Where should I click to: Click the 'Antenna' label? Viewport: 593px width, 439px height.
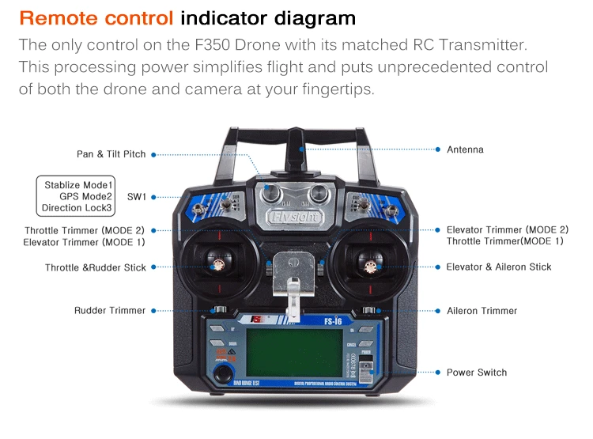[465, 149]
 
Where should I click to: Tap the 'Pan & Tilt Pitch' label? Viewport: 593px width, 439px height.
[111, 154]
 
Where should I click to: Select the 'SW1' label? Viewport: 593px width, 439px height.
[137, 196]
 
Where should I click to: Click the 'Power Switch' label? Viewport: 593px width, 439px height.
[476, 373]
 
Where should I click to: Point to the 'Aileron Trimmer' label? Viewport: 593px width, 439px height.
[482, 311]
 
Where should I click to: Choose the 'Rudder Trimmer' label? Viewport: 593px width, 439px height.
[110, 311]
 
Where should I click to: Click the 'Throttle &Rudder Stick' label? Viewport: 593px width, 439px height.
[95, 268]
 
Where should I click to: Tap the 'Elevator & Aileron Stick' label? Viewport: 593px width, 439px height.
[498, 267]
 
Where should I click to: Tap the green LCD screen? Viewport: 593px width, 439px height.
[293, 351]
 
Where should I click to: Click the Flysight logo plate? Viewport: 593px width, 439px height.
[294, 216]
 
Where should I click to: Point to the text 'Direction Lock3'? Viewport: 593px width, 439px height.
[77, 208]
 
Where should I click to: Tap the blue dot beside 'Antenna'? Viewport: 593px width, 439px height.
[437, 149]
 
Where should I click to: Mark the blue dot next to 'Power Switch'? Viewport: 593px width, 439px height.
[437, 373]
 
